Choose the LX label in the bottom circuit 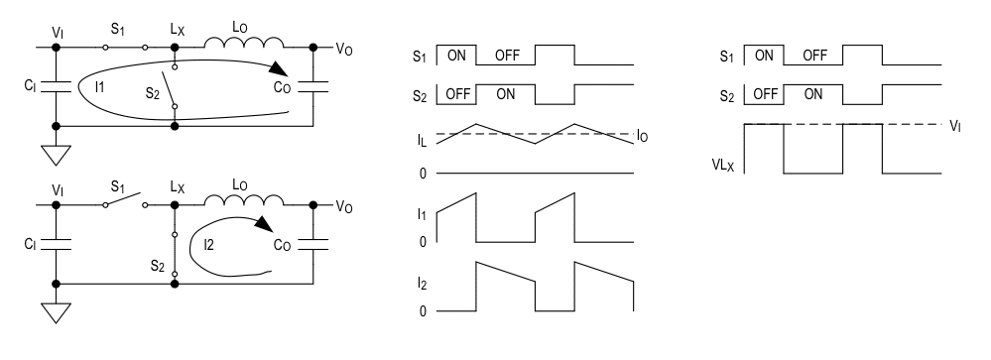click(x=177, y=186)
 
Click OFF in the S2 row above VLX click(x=764, y=94)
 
